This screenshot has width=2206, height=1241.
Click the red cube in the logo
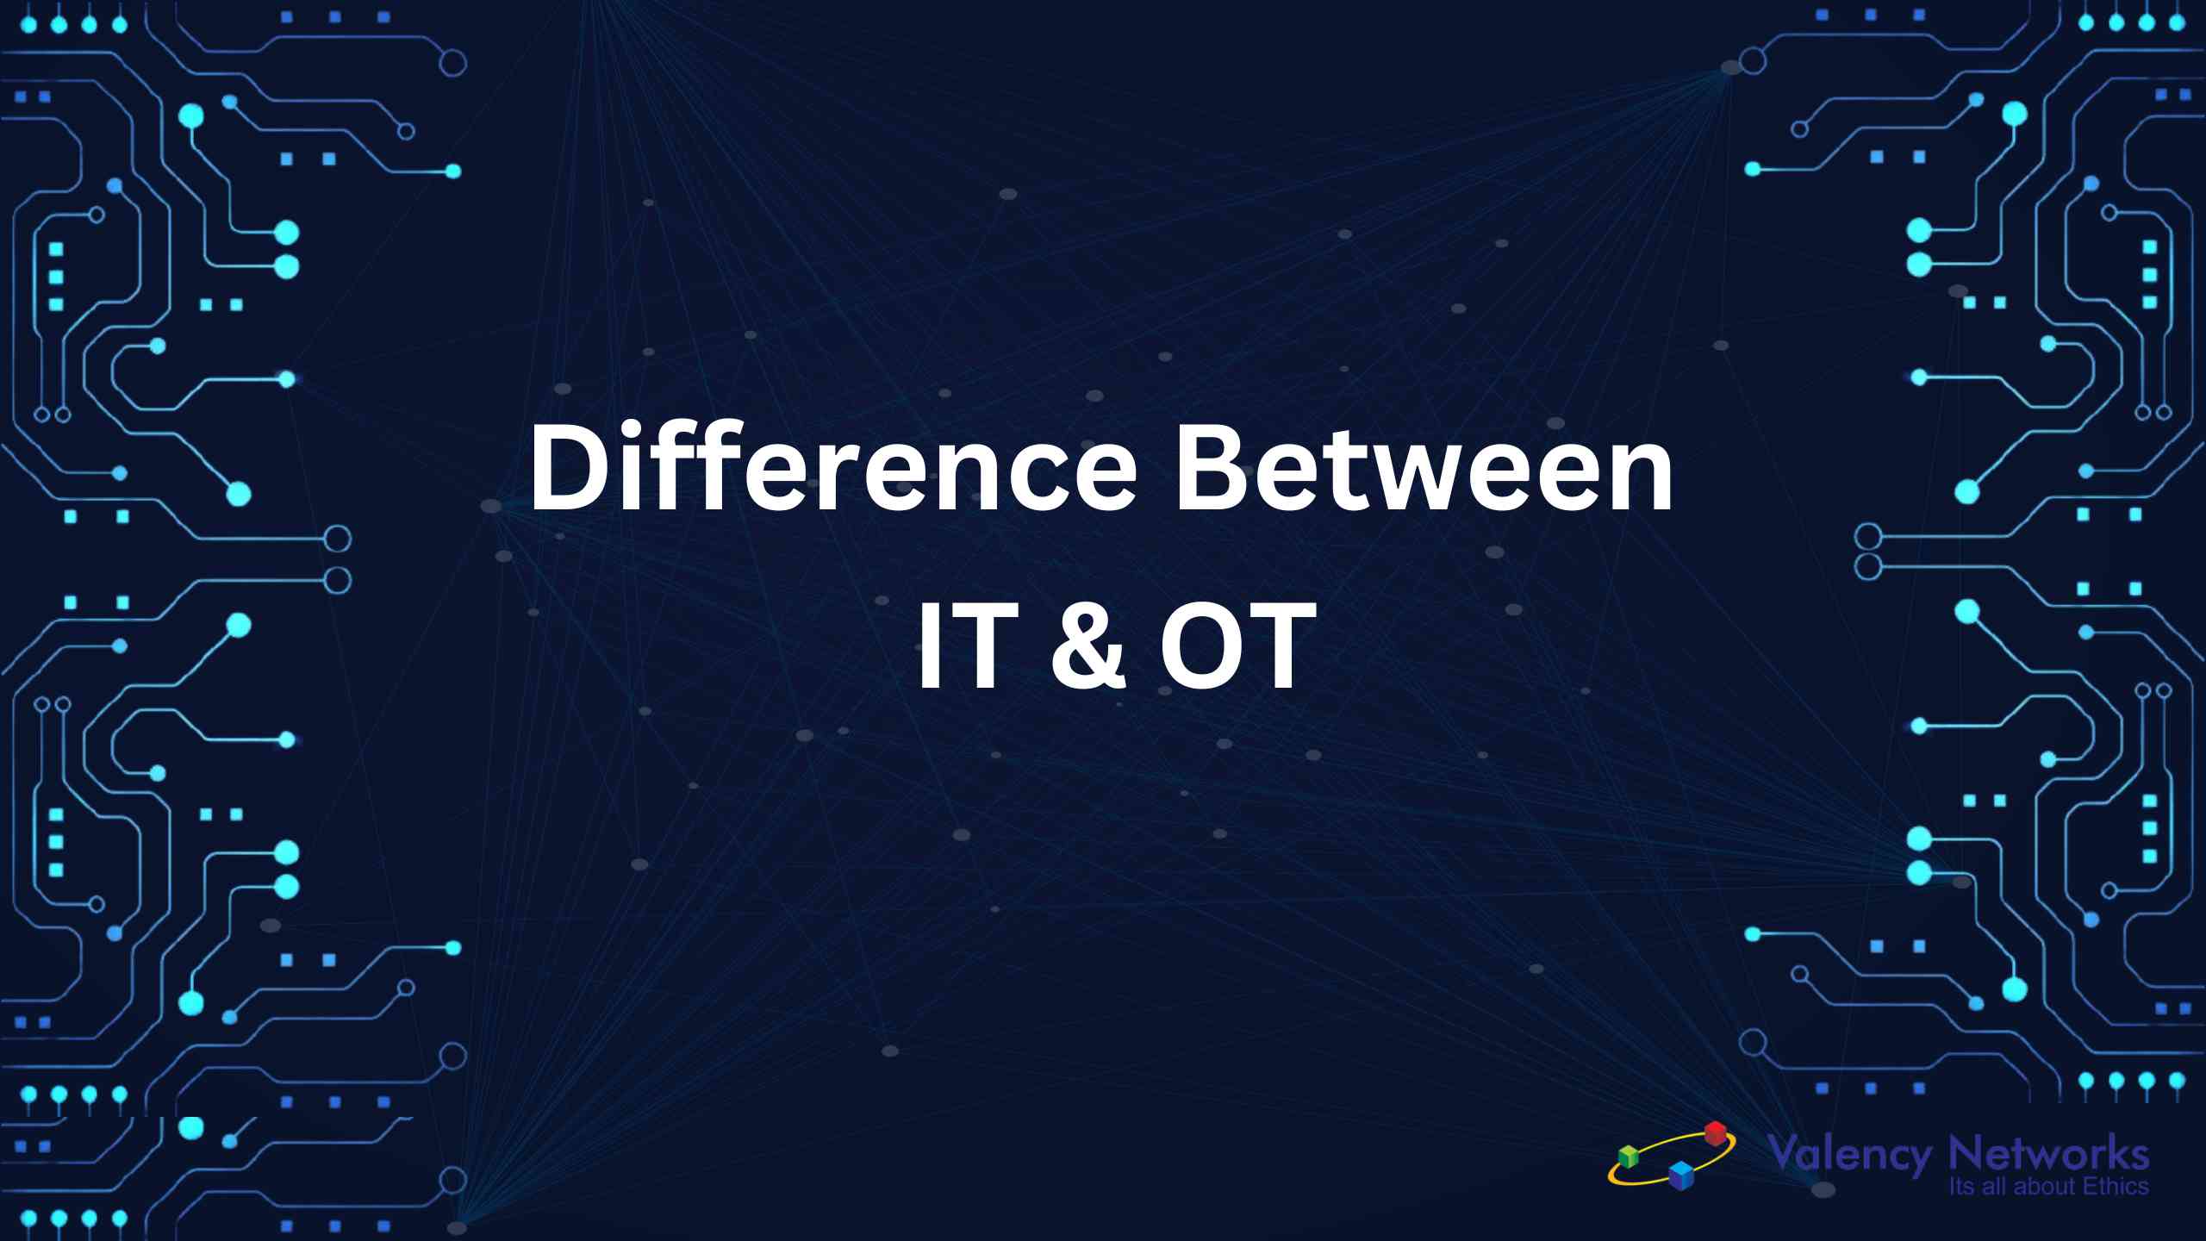coord(1716,1132)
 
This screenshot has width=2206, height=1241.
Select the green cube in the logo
coord(1628,1157)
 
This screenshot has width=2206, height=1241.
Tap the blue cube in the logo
coord(1681,1176)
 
